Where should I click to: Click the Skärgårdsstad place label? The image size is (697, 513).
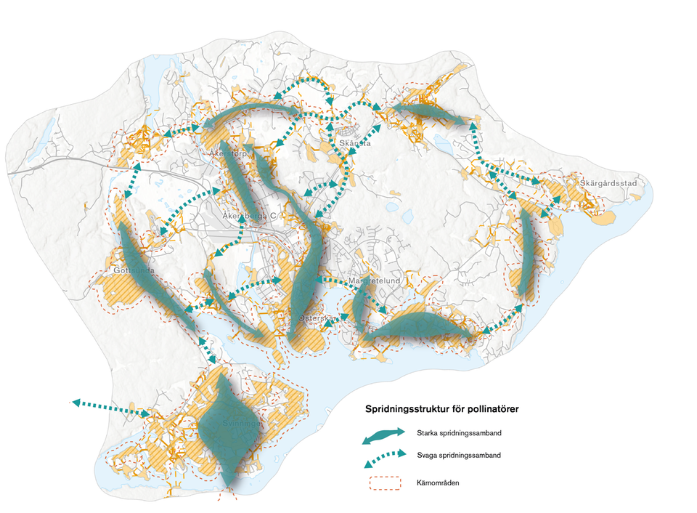click(x=608, y=183)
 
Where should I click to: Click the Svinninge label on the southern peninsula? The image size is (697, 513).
click(x=240, y=423)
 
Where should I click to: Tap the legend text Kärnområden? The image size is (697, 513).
click(x=436, y=482)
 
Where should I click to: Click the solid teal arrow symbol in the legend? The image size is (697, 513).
click(x=384, y=435)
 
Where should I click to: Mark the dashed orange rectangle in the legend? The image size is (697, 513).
click(x=384, y=482)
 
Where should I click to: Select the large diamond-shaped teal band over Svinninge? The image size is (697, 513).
click(x=229, y=429)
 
